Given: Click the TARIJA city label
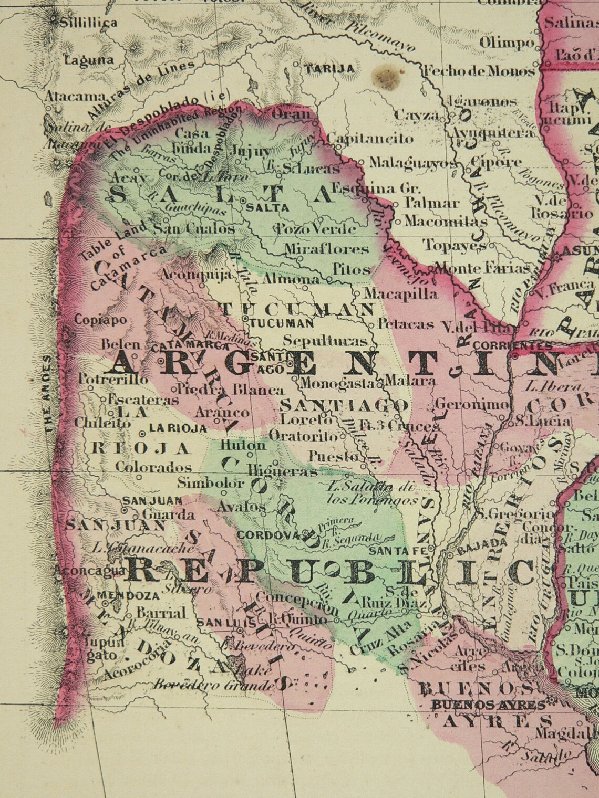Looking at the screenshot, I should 330,69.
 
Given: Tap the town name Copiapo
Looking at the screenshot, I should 100,320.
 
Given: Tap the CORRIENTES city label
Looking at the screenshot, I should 512,345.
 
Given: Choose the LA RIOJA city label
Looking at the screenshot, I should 178,428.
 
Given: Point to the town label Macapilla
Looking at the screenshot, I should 400,294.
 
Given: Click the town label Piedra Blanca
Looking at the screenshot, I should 229,390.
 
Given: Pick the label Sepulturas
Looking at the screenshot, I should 325,340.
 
